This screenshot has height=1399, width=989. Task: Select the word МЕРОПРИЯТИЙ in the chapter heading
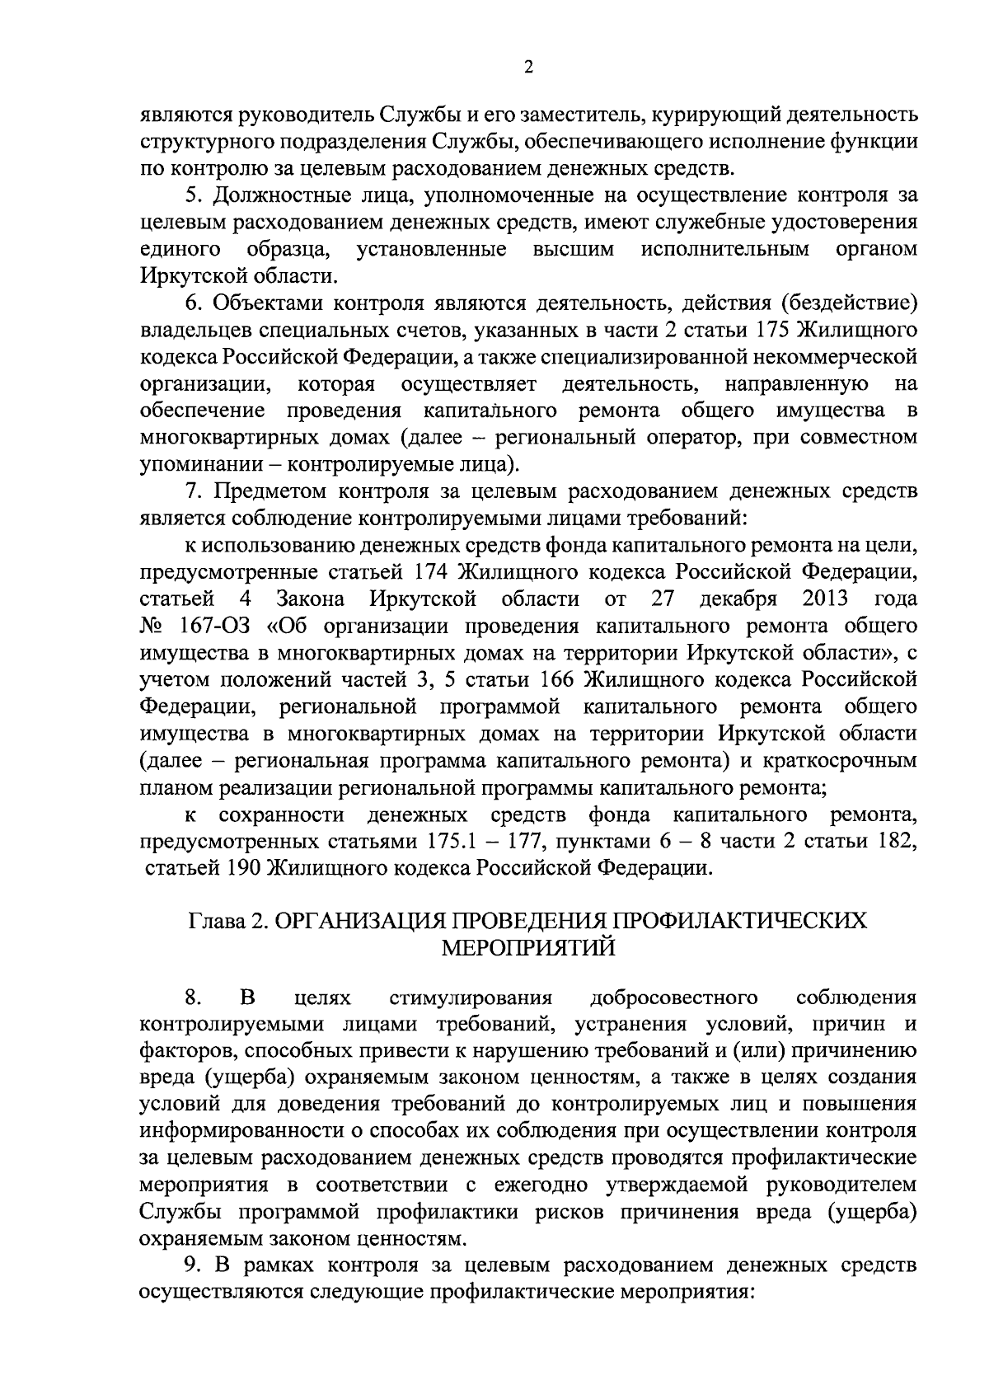point(528,947)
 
